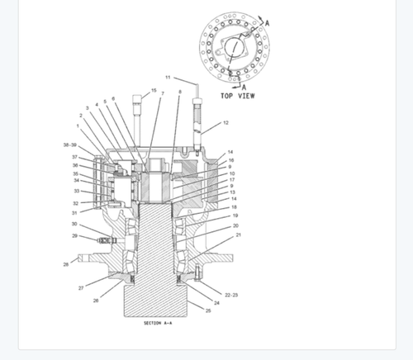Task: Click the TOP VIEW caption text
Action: click(237, 96)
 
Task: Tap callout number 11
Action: click(167, 78)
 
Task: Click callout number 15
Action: click(153, 91)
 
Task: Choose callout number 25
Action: click(207, 310)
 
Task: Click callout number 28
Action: click(65, 264)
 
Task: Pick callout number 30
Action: click(74, 224)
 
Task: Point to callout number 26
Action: click(96, 301)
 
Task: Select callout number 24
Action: click(217, 303)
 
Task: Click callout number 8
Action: click(179, 92)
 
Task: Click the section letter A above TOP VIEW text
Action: click(244, 87)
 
